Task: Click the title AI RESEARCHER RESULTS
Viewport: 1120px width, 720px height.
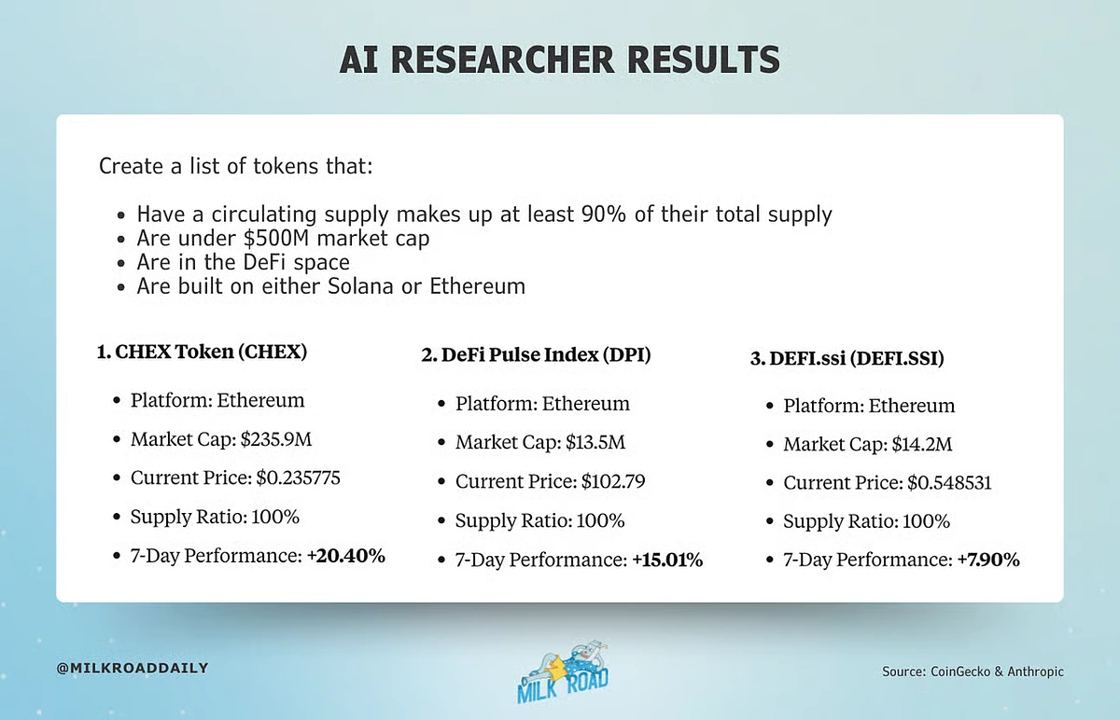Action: [x=559, y=60]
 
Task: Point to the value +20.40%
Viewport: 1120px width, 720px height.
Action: [x=346, y=556]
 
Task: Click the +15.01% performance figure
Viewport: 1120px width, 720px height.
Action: [x=667, y=560]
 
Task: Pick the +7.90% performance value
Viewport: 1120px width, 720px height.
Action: [x=988, y=560]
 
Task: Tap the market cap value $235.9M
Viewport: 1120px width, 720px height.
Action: [x=276, y=439]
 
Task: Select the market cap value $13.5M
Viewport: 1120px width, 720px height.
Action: [x=595, y=442]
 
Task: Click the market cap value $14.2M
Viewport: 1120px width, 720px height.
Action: [x=922, y=444]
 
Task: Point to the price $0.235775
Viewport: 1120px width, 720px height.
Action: [x=298, y=478]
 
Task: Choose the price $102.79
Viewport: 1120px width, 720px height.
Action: [x=613, y=481]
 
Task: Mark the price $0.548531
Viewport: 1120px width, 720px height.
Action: [x=949, y=483]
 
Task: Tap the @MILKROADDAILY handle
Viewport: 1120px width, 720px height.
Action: [x=133, y=668]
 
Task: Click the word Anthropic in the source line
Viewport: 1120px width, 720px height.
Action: [x=1035, y=672]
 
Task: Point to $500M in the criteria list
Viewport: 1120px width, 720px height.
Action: [x=276, y=239]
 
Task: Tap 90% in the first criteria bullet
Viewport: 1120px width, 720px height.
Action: [x=604, y=215]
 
